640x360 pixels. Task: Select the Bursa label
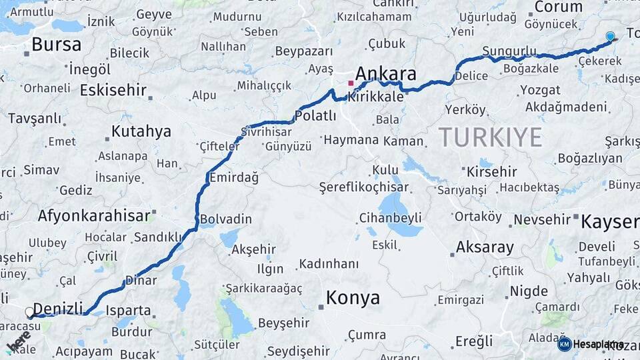click(x=56, y=45)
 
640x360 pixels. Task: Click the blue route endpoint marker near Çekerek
click(x=610, y=37)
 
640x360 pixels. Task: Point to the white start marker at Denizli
click(x=29, y=311)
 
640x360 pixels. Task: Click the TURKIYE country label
click(x=490, y=137)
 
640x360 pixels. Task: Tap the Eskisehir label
click(x=113, y=90)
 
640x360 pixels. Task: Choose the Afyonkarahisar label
click(x=93, y=216)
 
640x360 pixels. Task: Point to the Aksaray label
click(x=485, y=247)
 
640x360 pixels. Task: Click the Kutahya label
click(x=141, y=131)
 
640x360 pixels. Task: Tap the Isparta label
click(x=128, y=310)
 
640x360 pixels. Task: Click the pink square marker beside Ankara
click(x=351, y=83)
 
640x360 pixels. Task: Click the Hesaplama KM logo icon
click(x=564, y=344)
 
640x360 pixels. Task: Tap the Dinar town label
click(x=141, y=281)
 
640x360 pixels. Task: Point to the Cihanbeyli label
click(x=390, y=217)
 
